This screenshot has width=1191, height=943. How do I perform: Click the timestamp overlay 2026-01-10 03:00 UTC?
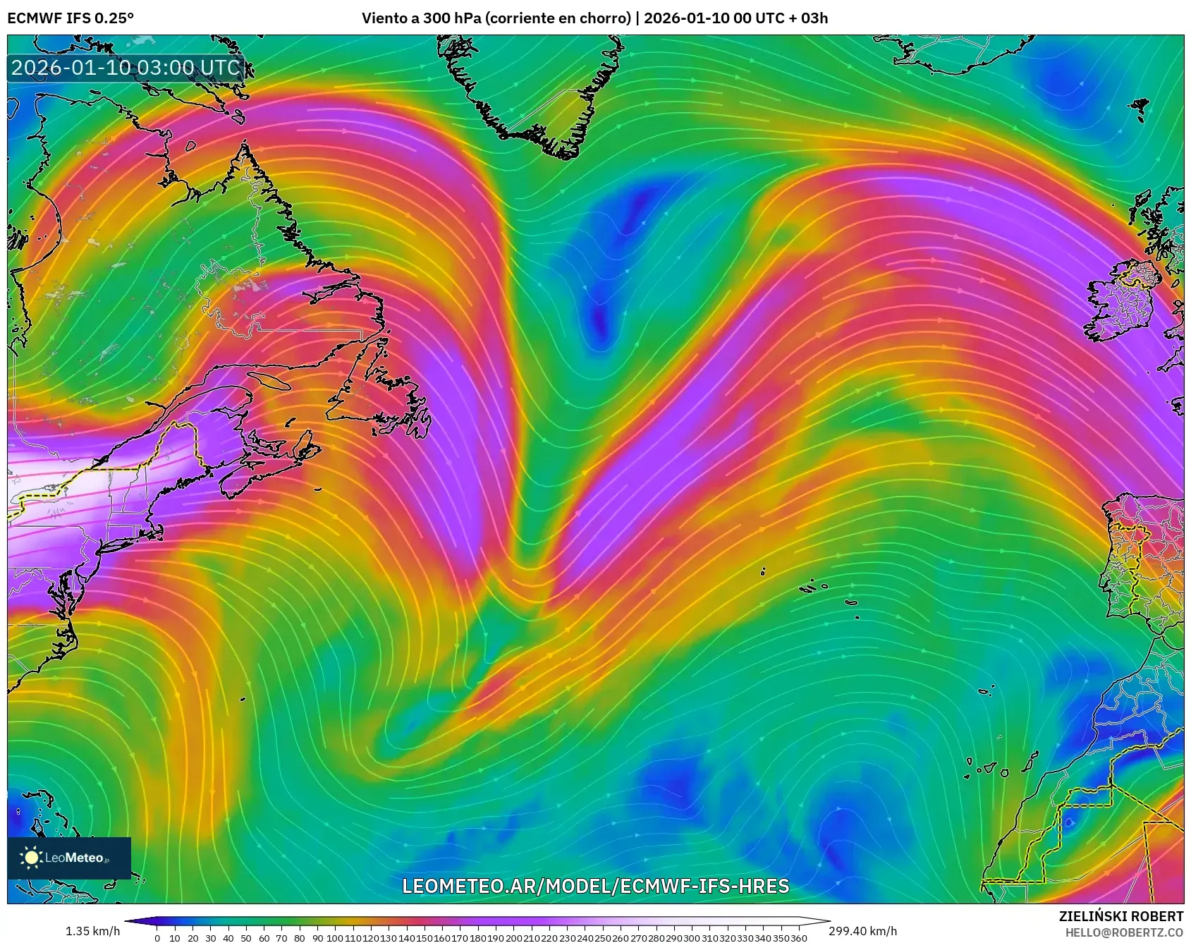click(x=126, y=68)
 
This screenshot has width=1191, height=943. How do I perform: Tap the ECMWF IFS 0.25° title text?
click(x=71, y=18)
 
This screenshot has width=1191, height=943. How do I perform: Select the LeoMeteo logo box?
click(x=69, y=858)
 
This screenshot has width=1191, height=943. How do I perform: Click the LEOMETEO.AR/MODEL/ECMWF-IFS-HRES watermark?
click(x=595, y=886)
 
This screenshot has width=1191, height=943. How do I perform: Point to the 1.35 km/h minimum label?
click(x=92, y=931)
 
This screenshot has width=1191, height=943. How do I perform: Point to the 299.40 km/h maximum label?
click(x=862, y=931)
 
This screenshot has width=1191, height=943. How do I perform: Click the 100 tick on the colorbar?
click(x=335, y=938)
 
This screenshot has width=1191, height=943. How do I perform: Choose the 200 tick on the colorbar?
click(x=513, y=938)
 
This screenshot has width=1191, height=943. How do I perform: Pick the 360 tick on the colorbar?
click(x=798, y=938)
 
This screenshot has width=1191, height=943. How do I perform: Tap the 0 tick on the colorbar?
click(x=157, y=938)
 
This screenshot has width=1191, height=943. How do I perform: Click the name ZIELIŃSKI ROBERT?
click(x=1120, y=916)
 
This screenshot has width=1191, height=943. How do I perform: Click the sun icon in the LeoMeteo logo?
click(x=32, y=858)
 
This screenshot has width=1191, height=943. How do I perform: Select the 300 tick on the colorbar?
click(x=691, y=938)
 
